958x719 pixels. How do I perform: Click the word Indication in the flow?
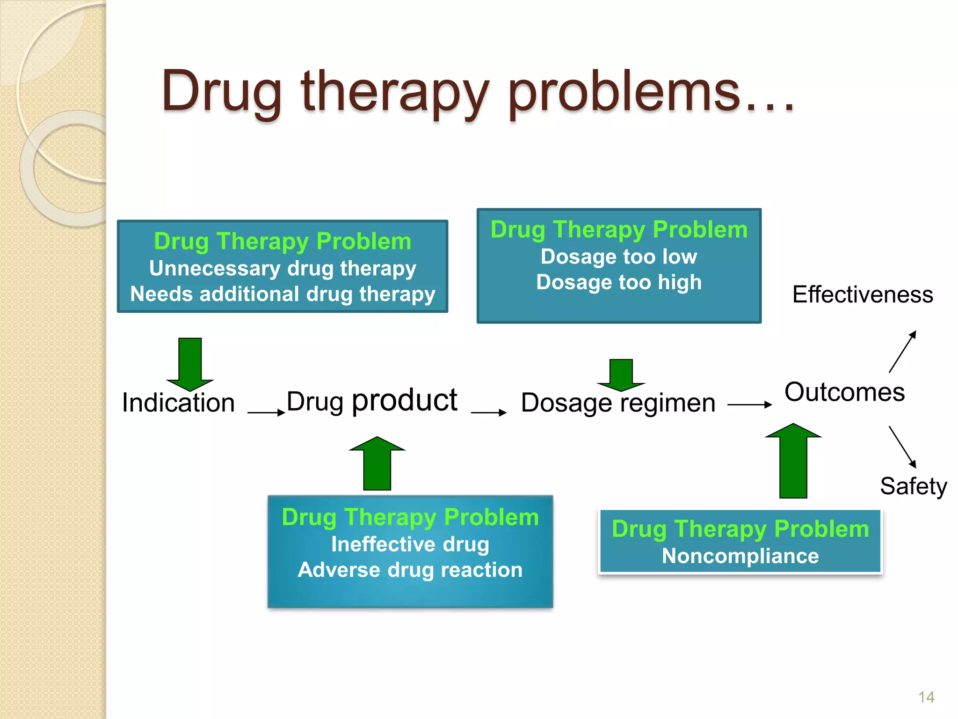coord(178,403)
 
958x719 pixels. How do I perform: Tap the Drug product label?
coord(371,401)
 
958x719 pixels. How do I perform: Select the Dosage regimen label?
coord(618,403)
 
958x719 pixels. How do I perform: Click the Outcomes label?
coord(844,392)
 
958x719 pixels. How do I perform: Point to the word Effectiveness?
coord(862,295)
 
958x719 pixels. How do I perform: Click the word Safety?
coord(913,486)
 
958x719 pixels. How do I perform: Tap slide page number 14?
coord(926,697)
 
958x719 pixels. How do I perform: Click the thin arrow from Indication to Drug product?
coord(266,412)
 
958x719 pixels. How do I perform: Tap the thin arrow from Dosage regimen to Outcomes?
coord(749,404)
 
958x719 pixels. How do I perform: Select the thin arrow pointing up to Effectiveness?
coord(902,352)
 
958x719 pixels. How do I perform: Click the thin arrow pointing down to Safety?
coord(902,447)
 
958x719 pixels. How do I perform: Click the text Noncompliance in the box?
coord(740,556)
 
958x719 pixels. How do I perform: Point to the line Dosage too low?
coord(618,257)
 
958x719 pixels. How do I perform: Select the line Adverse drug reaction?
coord(410,570)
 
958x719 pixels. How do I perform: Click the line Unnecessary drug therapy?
coord(283,269)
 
